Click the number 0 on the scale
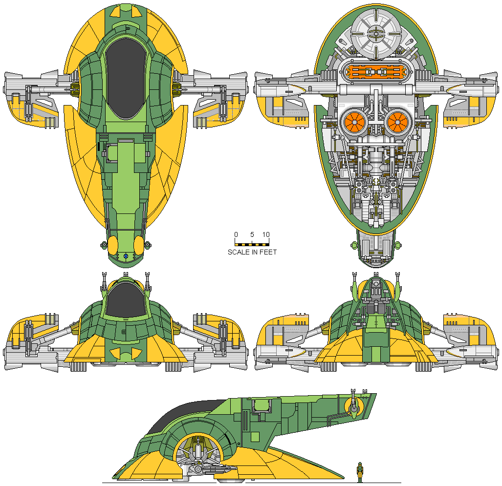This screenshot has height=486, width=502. point(236,234)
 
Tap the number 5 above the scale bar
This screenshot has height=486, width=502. point(252,234)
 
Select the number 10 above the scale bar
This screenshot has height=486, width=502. point(266,234)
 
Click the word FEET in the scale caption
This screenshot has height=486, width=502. point(268,252)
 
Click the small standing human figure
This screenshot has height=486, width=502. point(360,470)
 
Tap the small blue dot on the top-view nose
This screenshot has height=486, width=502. point(126,256)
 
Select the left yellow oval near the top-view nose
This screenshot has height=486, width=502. point(112,244)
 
